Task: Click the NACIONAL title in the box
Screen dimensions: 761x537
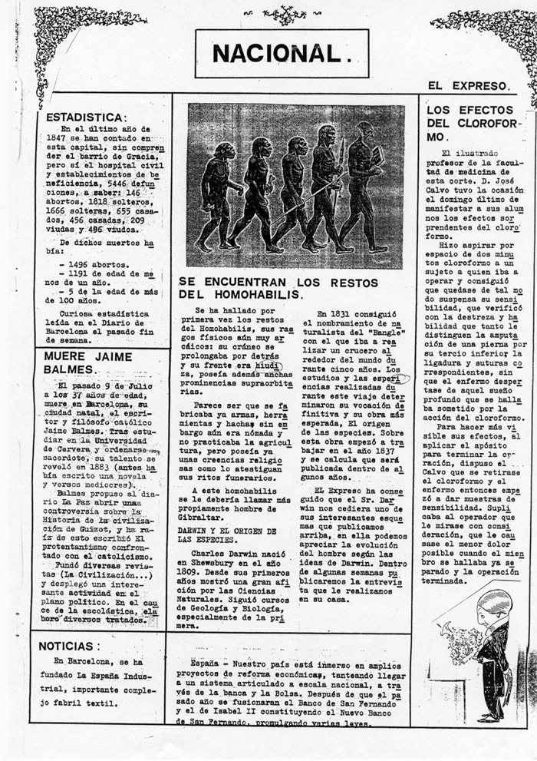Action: click(282, 54)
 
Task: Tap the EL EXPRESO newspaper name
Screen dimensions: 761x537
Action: click(469, 86)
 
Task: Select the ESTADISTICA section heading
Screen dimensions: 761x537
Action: click(85, 117)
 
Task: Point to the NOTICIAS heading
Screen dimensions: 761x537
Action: click(69, 646)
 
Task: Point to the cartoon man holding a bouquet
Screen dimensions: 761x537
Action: click(491, 653)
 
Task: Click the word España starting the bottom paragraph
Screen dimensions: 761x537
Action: click(206, 663)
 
